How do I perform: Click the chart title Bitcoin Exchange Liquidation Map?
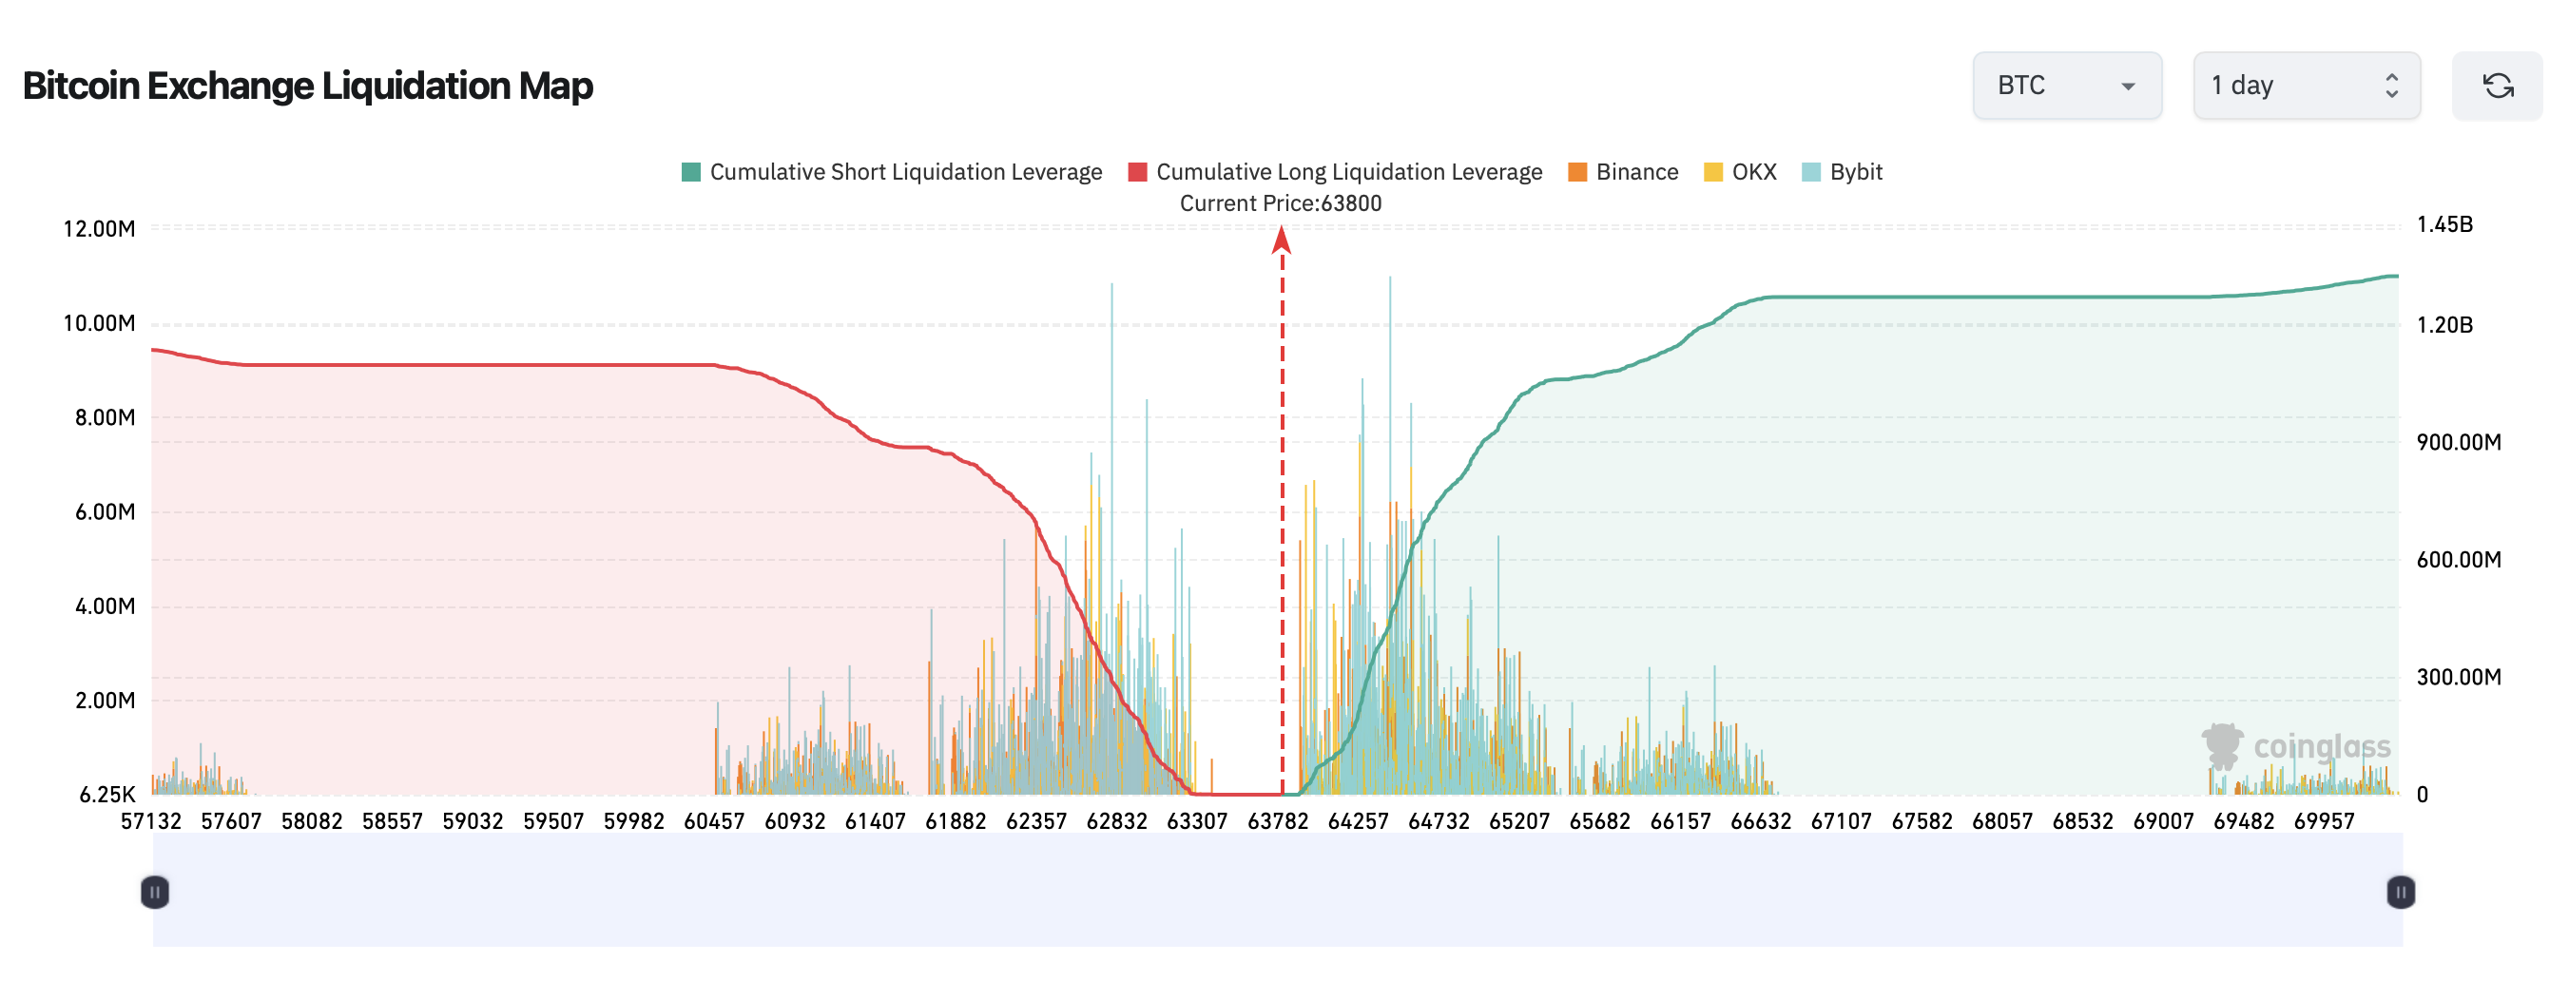(307, 86)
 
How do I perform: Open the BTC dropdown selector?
(2066, 86)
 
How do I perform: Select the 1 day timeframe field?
(2306, 86)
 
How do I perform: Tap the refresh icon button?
(2496, 86)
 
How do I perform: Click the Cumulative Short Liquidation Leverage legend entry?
(892, 171)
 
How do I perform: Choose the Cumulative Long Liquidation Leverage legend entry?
(1334, 171)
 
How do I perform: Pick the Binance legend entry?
(1623, 171)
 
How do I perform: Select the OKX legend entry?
(1740, 171)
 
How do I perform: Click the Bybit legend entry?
(1842, 171)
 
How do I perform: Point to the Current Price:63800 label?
(1281, 203)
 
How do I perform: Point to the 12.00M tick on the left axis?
(99, 228)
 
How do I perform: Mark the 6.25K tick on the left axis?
(106, 795)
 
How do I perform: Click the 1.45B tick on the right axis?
(2444, 224)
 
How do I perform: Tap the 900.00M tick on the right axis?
(2459, 442)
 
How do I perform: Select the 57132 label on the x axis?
(150, 820)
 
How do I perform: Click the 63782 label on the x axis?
(1278, 820)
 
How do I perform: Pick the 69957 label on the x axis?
(2324, 820)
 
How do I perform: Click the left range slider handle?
(155, 892)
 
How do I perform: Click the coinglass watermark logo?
(2296, 747)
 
